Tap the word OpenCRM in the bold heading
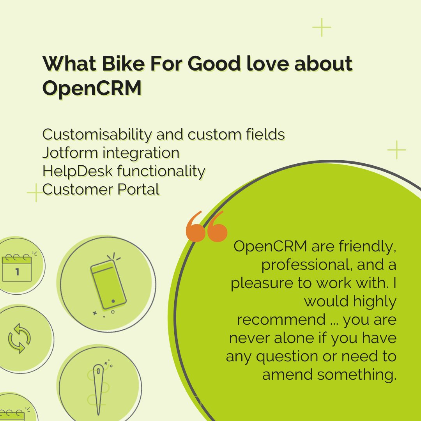[x=92, y=88]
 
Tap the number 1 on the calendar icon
[x=17, y=272]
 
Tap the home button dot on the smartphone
[x=113, y=301]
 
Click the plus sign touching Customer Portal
[x=36, y=193]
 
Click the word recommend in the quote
[x=281, y=320]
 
